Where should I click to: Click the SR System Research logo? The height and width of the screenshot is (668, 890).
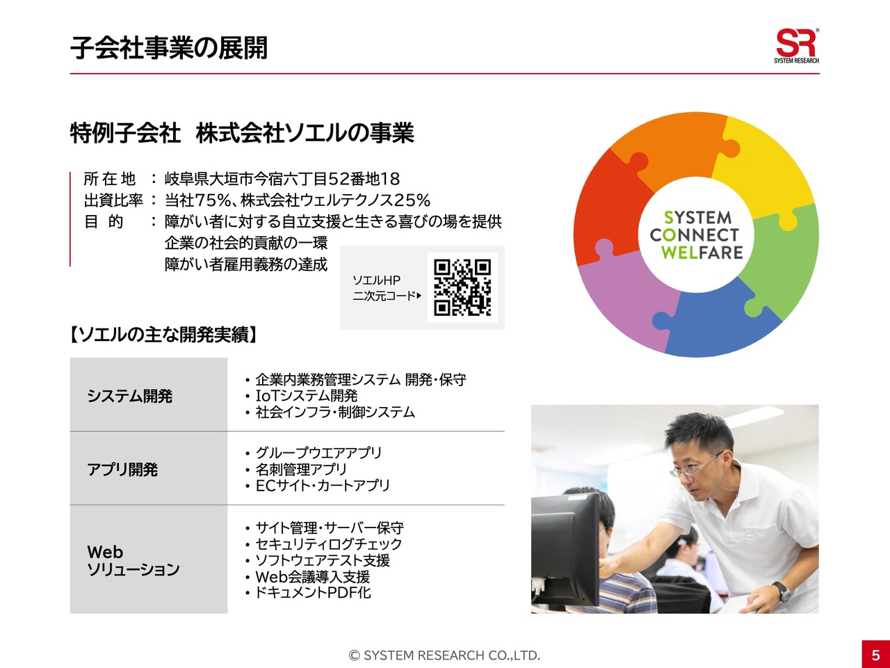click(x=796, y=46)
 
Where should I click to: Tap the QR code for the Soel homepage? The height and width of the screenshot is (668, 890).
click(x=462, y=287)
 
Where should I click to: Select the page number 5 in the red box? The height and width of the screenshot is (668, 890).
click(x=876, y=655)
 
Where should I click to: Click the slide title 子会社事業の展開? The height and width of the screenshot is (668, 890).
click(x=169, y=48)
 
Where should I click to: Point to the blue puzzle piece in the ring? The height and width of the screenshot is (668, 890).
click(x=718, y=320)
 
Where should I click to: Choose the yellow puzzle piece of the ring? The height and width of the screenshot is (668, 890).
click(x=766, y=170)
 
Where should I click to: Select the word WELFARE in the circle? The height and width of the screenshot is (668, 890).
click(x=702, y=253)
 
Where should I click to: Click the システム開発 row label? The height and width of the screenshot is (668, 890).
click(x=130, y=396)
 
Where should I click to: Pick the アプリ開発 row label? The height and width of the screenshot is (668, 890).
click(x=122, y=469)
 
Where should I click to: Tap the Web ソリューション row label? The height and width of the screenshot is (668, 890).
click(x=133, y=561)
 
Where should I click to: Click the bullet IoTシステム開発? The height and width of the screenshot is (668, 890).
click(x=307, y=395)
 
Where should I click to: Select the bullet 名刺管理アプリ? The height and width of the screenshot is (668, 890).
click(x=301, y=469)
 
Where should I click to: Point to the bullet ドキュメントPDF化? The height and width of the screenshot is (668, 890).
click(x=313, y=593)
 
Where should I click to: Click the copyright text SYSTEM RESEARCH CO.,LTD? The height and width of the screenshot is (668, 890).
click(x=444, y=655)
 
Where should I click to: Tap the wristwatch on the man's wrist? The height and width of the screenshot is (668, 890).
click(x=782, y=591)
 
